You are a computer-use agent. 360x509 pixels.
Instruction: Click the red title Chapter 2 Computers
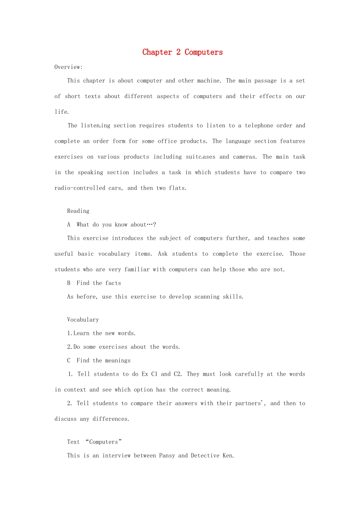point(182,52)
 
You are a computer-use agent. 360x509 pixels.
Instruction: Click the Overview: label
point(68,67)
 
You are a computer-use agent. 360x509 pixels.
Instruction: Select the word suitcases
point(200,157)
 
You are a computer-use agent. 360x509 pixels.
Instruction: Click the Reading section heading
point(78,211)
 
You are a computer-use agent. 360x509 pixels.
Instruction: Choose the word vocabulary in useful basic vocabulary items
point(114,254)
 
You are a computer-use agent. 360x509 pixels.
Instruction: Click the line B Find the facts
point(94,283)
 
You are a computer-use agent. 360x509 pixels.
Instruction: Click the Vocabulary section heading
point(83,320)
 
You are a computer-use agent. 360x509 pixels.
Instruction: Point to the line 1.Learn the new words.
point(101,333)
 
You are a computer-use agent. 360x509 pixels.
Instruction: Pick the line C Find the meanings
point(99,361)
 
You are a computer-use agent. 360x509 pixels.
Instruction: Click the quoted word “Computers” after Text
point(104,442)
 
